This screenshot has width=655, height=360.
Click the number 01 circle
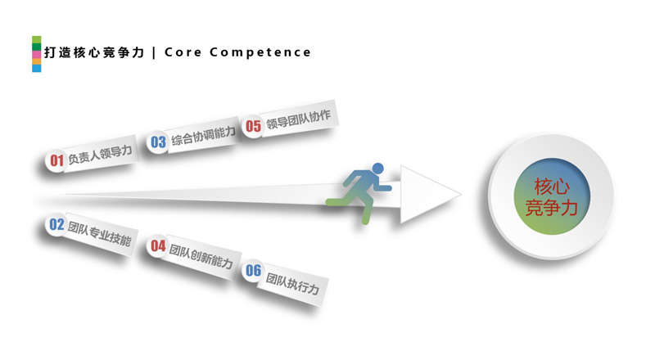click(x=56, y=160)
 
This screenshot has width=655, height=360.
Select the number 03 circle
click(x=158, y=142)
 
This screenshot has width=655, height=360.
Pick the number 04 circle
click(x=158, y=245)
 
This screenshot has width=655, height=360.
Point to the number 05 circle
click(x=253, y=126)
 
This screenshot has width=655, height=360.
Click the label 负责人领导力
click(x=99, y=155)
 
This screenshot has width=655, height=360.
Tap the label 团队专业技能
click(x=99, y=232)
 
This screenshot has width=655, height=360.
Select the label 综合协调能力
click(x=201, y=135)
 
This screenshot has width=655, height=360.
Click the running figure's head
click(x=377, y=169)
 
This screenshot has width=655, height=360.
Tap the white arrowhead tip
click(x=459, y=196)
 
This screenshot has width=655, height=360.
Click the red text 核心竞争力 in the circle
click(x=551, y=196)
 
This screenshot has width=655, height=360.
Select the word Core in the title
click(x=182, y=52)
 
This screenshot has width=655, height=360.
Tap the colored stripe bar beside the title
click(x=36, y=54)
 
